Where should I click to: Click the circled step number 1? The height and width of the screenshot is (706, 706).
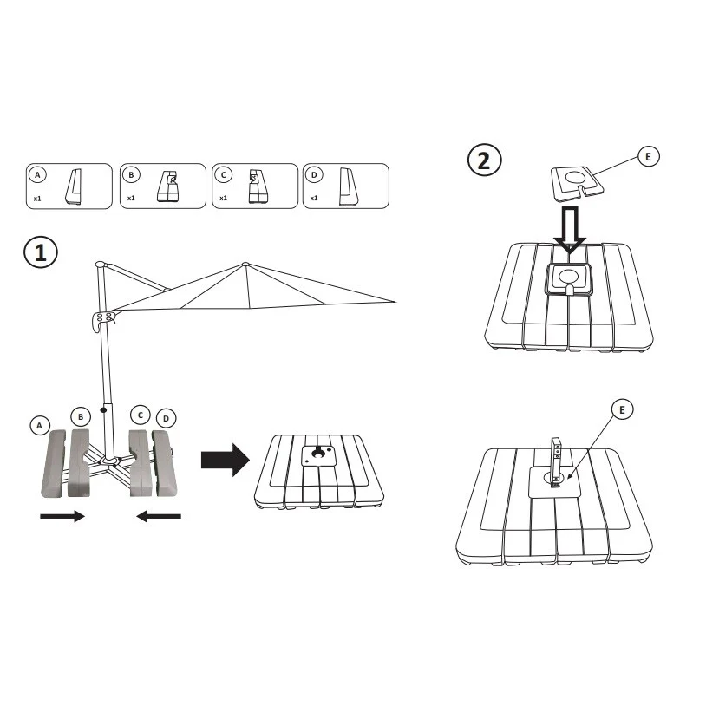[41, 252]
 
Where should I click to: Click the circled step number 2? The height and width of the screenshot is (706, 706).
[485, 160]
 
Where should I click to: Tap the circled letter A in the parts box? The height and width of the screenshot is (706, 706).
[37, 174]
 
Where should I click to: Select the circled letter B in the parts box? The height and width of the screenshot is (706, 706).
[131, 174]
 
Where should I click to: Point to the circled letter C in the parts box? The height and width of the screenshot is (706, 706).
[223, 174]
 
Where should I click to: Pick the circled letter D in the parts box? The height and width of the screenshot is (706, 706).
[314, 174]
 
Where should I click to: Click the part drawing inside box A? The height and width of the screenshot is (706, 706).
[74, 186]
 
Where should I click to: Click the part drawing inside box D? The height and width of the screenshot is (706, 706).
[349, 186]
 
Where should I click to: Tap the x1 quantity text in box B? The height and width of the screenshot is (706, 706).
[131, 198]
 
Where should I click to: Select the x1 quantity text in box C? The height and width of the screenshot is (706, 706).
[223, 198]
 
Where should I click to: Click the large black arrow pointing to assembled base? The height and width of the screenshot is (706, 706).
[226, 460]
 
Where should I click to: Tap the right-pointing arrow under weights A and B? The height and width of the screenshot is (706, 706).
[62, 516]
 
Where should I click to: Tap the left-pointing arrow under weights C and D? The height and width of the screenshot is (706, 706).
[159, 516]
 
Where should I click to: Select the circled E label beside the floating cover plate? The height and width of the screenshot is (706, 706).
[649, 157]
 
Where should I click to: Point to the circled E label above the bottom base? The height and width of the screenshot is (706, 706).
[622, 409]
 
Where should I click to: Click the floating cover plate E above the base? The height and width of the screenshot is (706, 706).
[579, 184]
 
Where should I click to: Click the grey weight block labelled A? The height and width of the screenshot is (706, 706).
[53, 463]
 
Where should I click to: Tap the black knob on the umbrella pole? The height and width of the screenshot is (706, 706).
[103, 410]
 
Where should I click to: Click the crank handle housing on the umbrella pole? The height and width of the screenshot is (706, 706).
[102, 320]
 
